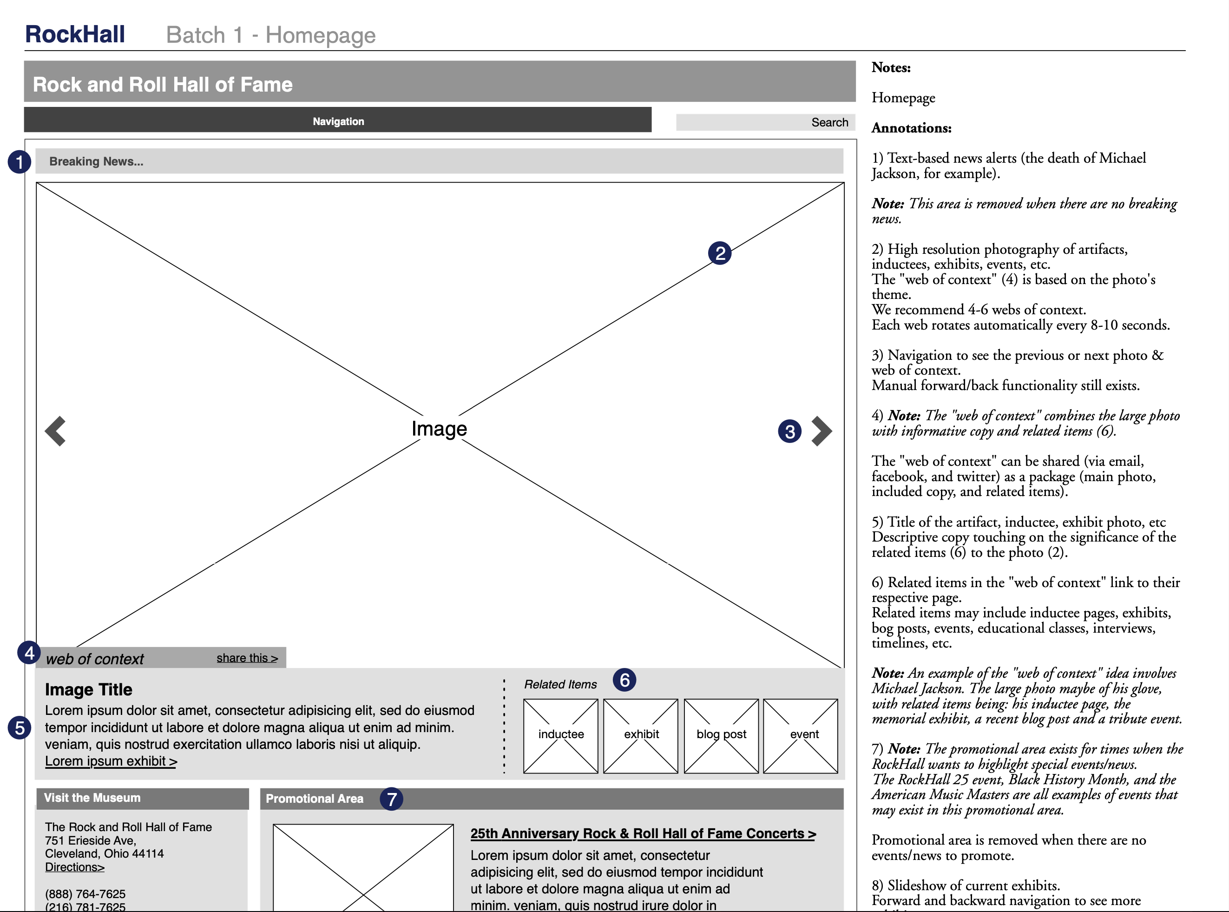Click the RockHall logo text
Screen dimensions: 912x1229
[75, 34]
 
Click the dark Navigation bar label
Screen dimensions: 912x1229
[338, 121]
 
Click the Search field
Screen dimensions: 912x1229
[765, 122]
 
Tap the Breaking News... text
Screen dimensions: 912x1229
[96, 161]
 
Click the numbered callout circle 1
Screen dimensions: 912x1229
[20, 162]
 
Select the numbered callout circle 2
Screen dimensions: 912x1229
[719, 253]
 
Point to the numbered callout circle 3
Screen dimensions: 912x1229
[789, 431]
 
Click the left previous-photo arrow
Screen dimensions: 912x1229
[55, 430]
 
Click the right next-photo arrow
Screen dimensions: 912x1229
[821, 430]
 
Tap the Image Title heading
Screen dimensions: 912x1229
[88, 689]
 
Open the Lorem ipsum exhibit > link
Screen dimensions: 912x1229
[111, 761]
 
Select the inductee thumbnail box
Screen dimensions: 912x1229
[560, 735]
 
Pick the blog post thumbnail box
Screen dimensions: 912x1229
[721, 735]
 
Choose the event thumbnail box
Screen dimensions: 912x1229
[800, 735]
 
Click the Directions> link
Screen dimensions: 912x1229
[74, 867]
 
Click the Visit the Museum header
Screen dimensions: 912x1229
[92, 797]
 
